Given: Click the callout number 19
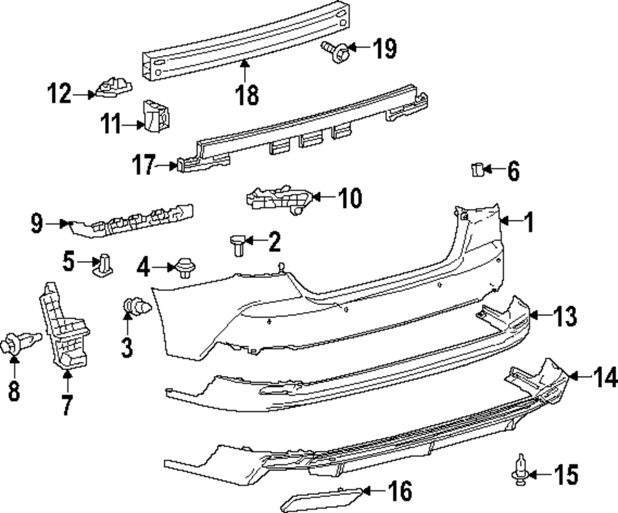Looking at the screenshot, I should [x=384, y=48].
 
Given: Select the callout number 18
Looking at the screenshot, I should [x=247, y=95].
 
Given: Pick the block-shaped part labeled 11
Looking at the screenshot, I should [x=156, y=115].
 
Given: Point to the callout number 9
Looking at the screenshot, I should [x=37, y=223].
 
